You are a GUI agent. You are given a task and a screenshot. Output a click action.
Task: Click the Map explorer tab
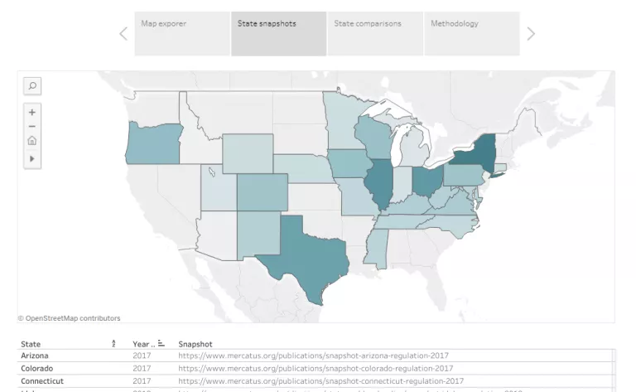click(182, 33)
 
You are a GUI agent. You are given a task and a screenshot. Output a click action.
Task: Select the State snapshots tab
click(278, 33)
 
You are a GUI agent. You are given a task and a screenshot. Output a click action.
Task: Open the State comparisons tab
click(375, 33)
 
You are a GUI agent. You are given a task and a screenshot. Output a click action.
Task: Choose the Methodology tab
click(471, 33)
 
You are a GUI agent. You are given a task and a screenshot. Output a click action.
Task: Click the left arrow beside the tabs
click(123, 34)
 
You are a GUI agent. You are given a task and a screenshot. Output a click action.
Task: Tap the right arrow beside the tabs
click(531, 34)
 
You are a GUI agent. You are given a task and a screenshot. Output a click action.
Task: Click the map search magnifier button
click(32, 85)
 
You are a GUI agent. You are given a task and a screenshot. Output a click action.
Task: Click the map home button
click(32, 141)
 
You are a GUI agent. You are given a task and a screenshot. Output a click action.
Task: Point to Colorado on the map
click(263, 192)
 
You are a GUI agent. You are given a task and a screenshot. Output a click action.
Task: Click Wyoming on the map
click(247, 152)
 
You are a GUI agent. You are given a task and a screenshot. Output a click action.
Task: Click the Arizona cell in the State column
click(35, 356)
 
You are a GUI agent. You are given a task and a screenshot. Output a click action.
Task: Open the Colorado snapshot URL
click(316, 368)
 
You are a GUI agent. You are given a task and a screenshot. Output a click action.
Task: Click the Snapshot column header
click(195, 344)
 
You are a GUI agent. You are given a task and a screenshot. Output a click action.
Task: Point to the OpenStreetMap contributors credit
click(70, 318)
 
